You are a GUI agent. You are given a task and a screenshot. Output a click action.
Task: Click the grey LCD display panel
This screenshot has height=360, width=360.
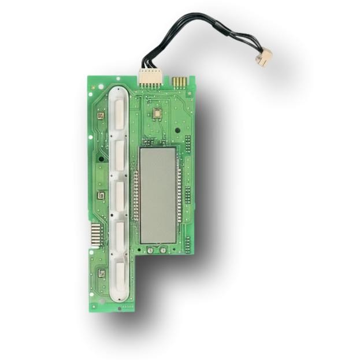click(157, 194)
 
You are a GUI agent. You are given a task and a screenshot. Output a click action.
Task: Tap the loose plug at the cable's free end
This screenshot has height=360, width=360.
click(265, 57)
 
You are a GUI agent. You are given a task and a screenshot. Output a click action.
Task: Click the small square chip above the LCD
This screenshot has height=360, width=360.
click(155, 114)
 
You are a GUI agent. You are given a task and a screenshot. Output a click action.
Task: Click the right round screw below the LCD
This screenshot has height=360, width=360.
click(164, 250)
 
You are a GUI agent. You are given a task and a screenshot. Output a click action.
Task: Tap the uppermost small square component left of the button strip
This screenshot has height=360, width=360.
click(101, 116)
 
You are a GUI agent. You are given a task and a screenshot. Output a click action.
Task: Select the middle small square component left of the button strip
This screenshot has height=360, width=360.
click(101, 195)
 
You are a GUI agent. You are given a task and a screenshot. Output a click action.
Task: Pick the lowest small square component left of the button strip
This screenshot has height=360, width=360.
click(101, 273)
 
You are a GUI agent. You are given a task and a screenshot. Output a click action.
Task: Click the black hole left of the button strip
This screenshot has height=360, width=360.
click(101, 158)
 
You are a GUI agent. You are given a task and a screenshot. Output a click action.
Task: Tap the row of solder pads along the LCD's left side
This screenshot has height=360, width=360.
click(136, 196)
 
